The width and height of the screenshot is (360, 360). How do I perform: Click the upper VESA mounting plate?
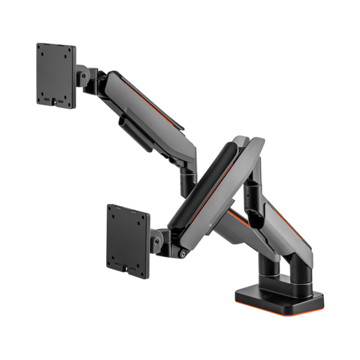pos(56,75)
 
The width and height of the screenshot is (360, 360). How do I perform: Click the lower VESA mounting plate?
pos(127,241)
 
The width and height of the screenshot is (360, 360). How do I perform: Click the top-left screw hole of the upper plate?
pos(43,50)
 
